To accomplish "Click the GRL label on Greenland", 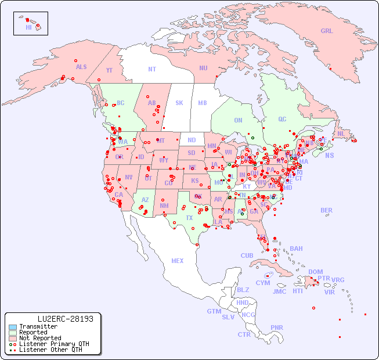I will coord(327,31).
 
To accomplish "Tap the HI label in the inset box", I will coord(28,27).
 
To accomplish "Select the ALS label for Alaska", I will coord(81,67).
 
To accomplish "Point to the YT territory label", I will coord(109,70).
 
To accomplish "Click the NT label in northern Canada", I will coord(152,69).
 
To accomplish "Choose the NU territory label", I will coord(203,68).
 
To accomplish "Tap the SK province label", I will coord(179,103).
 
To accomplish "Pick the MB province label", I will coord(203,103).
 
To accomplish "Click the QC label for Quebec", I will coord(282,119).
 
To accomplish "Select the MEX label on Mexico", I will coord(178,261).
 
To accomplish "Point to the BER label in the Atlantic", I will coord(327,210).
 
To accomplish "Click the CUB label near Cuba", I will coord(247,255).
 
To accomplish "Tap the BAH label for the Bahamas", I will coord(296,249).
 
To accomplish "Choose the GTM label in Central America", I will coord(214,311).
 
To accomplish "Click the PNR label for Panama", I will coord(277,327).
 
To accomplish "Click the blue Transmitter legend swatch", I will coord(13,327).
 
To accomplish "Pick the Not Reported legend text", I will coord(40,338).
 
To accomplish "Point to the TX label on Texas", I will coord(189,218).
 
